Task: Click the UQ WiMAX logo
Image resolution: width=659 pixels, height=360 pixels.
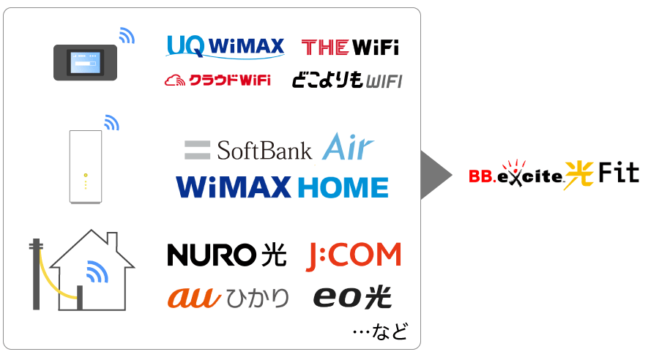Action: coord(226,46)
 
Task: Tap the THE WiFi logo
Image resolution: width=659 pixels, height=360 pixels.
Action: coord(350,47)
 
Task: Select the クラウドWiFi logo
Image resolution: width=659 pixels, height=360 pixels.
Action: coord(217,80)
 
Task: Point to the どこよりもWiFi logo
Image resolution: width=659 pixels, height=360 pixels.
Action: coord(347,80)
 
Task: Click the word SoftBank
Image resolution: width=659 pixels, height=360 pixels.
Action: coord(264,151)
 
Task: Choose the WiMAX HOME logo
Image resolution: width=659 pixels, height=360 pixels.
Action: coord(282,187)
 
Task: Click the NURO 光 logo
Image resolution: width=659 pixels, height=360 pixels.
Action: coord(227,255)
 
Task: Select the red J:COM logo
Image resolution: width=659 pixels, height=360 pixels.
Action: coord(353,255)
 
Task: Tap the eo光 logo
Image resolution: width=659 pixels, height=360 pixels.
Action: coord(352,297)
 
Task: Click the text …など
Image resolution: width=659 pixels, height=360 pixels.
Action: coord(380,331)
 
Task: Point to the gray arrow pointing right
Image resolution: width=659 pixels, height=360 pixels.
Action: coord(436,175)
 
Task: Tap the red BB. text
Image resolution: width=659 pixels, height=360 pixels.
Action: coord(482,176)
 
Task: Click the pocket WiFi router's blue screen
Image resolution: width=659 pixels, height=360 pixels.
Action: coord(86,63)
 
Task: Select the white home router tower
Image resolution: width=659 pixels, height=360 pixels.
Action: coord(86,167)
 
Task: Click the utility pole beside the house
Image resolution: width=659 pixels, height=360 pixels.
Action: coord(36,274)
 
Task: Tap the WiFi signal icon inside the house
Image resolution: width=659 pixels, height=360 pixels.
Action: coord(97,271)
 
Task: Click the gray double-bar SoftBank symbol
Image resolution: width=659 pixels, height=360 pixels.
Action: coord(197,151)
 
